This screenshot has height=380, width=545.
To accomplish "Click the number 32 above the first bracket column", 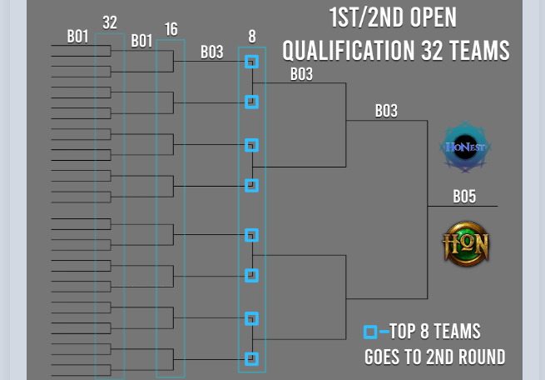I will (x=110, y=22).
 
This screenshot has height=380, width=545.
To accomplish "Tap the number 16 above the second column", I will (x=171, y=30).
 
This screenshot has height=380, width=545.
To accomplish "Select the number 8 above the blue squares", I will (x=252, y=37).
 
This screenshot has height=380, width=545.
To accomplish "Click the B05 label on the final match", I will (x=464, y=197).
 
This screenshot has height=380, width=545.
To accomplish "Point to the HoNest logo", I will (x=466, y=148).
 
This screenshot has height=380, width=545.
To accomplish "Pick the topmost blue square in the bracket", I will (x=252, y=62).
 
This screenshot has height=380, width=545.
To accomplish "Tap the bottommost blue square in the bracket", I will (x=252, y=359).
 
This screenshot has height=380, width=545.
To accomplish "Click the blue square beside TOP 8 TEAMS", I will (x=370, y=332).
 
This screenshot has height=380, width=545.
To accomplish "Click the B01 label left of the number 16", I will (x=141, y=40).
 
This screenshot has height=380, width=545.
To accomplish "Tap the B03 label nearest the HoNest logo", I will (x=386, y=110).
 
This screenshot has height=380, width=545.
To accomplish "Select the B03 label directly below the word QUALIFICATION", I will (x=301, y=73).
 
